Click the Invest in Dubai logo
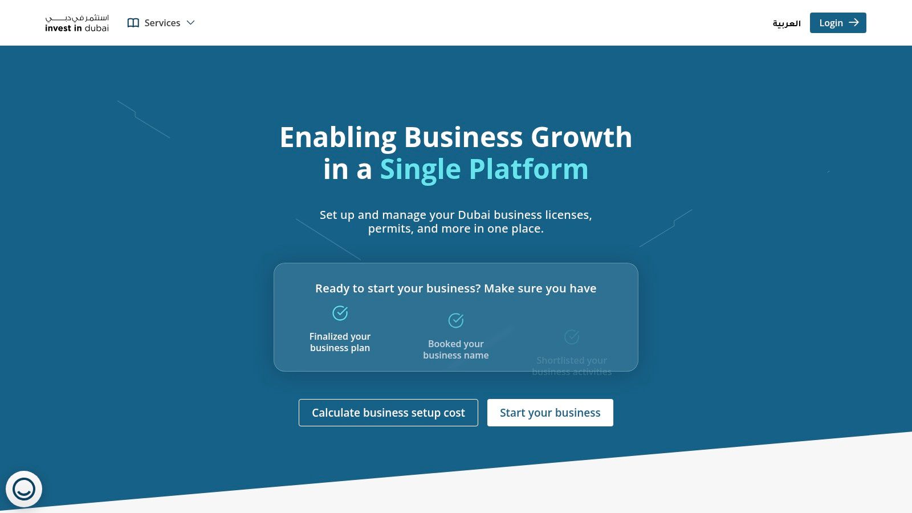pyautogui.click(x=77, y=23)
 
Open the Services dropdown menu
pyautogui.click(x=162, y=23)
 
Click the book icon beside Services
pyautogui.click(x=133, y=23)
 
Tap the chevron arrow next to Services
pyautogui.click(x=191, y=23)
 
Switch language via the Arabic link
pyautogui.click(x=787, y=23)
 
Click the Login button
pyautogui.click(x=837, y=23)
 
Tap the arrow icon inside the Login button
pyautogui.click(x=853, y=23)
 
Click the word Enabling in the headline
pyautogui.click(x=338, y=138)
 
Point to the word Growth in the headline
pyautogui.click(x=581, y=138)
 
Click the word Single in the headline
pyautogui.click(x=420, y=170)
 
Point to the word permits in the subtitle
pyautogui.click(x=390, y=229)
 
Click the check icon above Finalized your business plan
pyautogui.click(x=340, y=313)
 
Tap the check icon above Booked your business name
pyautogui.click(x=456, y=320)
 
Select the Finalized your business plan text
pyautogui.click(x=340, y=342)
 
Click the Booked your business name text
pyautogui.click(x=456, y=349)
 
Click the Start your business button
pyautogui.click(x=550, y=413)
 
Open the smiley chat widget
pyautogui.click(x=24, y=489)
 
